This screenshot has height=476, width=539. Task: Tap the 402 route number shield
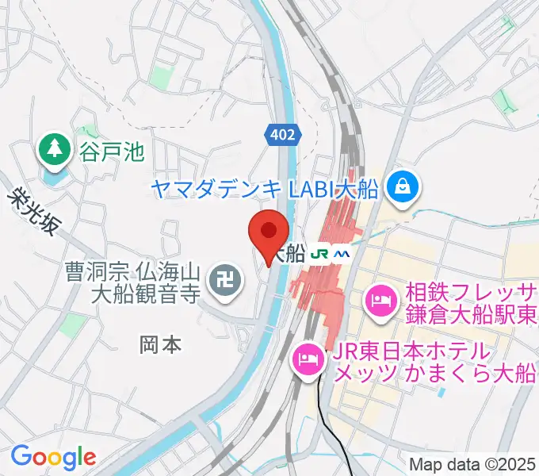click(282, 136)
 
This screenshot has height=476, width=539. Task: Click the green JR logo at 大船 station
click(319, 255)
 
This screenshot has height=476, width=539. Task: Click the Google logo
click(53, 457)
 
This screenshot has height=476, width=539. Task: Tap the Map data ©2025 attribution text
click(472, 464)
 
